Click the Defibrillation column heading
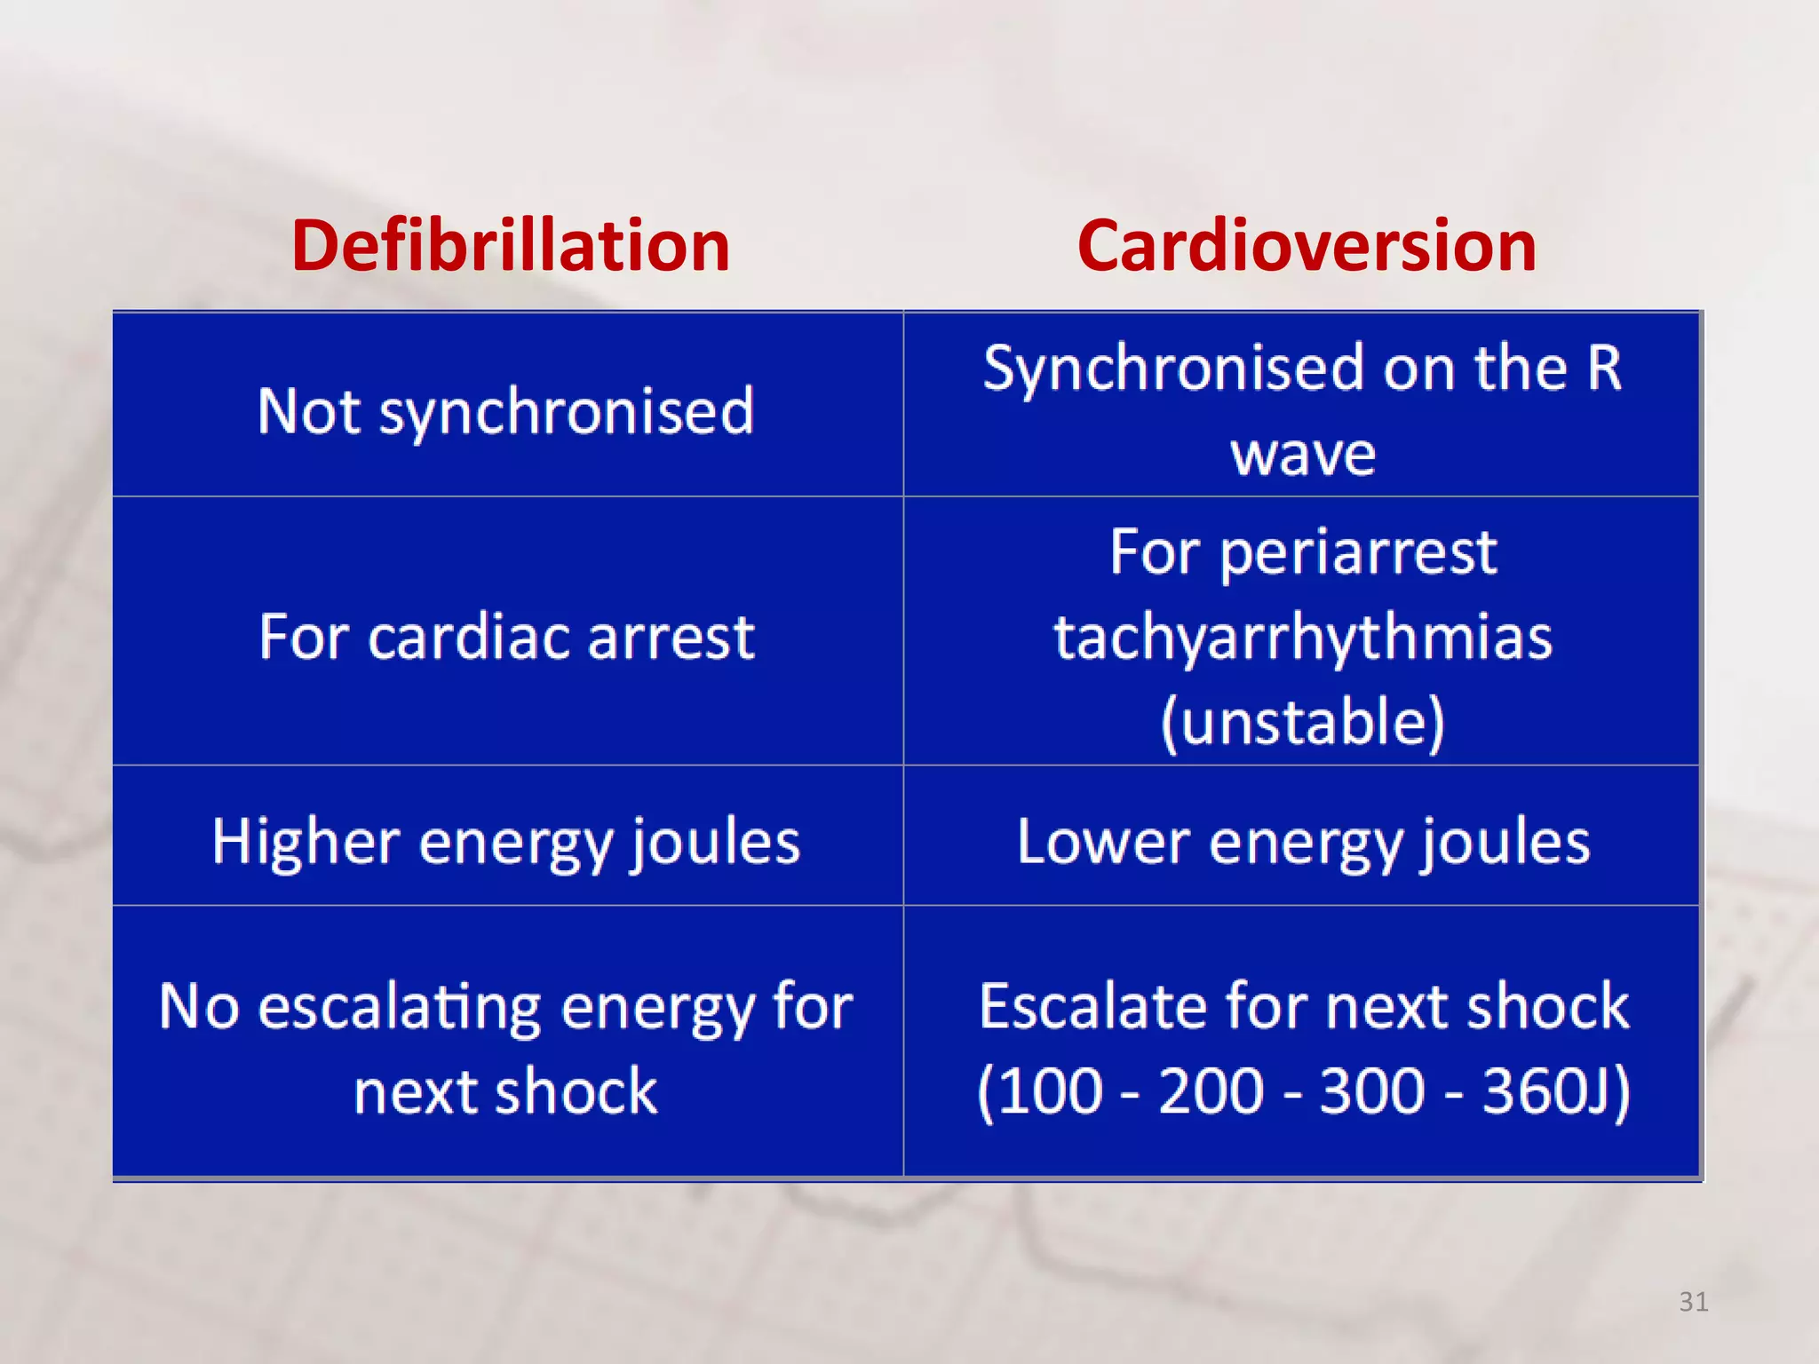click(x=511, y=246)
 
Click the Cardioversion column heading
click(x=1307, y=246)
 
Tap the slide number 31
click(x=1693, y=1302)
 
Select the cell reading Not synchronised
click(x=506, y=411)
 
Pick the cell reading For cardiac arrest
click(x=506, y=637)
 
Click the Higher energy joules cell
click(x=506, y=842)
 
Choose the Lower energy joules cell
click(x=1303, y=842)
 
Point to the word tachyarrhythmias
click(x=1303, y=638)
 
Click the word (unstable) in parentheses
click(x=1303, y=721)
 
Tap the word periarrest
click(x=1358, y=552)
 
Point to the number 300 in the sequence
click(x=1371, y=1091)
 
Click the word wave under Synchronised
click(x=1303, y=454)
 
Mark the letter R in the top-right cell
click(x=1604, y=368)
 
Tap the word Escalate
click(x=1092, y=1007)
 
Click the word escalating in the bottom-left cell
click(x=400, y=1007)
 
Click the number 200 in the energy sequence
click(x=1211, y=1091)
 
